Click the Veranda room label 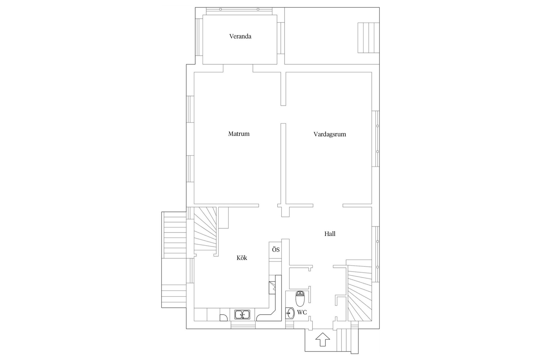point(240,36)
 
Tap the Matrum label point(239,134)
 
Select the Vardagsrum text point(330,134)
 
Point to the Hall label point(330,234)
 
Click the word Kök point(242,258)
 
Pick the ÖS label point(276,249)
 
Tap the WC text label point(302,312)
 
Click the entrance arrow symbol point(323,339)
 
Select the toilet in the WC point(300,299)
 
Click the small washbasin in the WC point(290,313)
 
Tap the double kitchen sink point(242,314)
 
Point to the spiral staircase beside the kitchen point(205,231)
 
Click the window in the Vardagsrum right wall point(375,139)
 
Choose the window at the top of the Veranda point(239,11)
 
